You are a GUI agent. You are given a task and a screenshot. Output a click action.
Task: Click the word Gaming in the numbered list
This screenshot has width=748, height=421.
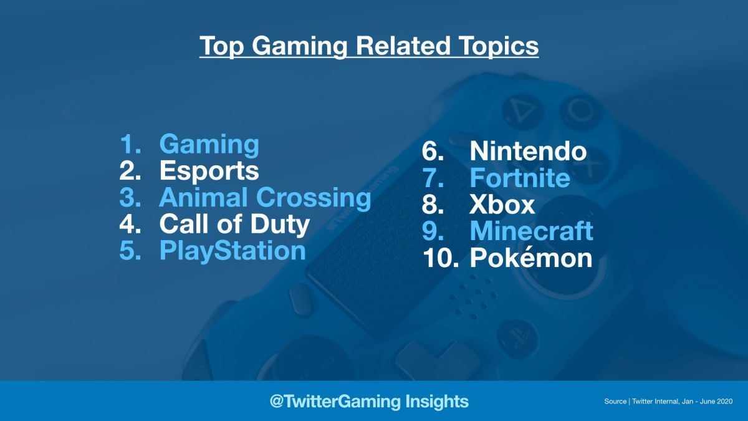(x=209, y=145)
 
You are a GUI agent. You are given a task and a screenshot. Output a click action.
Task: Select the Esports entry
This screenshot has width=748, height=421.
(x=209, y=171)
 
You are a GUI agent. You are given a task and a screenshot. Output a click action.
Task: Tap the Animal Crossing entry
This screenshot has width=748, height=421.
(x=265, y=198)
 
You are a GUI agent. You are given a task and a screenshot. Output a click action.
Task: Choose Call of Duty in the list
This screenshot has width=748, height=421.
(x=234, y=225)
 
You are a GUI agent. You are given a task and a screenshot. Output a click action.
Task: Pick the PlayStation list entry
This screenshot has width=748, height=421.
(x=233, y=251)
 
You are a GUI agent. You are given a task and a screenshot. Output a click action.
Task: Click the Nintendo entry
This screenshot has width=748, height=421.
(x=528, y=151)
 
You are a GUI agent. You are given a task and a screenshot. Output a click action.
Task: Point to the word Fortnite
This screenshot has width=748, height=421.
(x=520, y=178)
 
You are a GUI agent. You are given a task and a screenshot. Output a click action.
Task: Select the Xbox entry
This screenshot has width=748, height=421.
(x=502, y=205)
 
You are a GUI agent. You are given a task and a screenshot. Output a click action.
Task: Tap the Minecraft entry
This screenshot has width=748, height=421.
(x=531, y=231)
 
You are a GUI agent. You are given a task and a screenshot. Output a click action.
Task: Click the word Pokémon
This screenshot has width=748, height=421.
(x=531, y=257)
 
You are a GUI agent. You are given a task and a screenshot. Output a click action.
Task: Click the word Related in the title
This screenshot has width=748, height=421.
(x=403, y=46)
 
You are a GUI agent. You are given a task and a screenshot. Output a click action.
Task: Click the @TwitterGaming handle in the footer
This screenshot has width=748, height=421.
(x=335, y=401)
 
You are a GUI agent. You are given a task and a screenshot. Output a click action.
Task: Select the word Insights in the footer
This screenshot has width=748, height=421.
(x=437, y=401)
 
